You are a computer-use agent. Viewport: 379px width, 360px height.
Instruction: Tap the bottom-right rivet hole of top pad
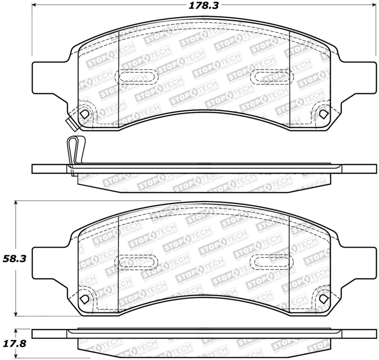tap(323, 114)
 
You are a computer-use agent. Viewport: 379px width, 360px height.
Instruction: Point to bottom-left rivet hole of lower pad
tap(84, 300)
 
